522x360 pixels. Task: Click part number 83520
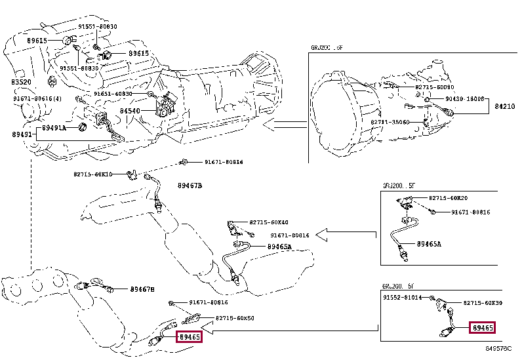point(21,82)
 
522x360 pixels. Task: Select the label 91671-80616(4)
point(37,98)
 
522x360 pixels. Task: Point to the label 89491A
point(54,129)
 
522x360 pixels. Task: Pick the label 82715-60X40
point(269,223)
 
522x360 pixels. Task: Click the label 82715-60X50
point(235,318)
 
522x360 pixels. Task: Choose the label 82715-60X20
point(449,198)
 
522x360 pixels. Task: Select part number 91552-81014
point(403,298)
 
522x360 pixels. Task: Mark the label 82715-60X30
point(483,303)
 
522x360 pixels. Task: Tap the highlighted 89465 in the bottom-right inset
point(482,328)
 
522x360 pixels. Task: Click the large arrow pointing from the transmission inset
point(285,125)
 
